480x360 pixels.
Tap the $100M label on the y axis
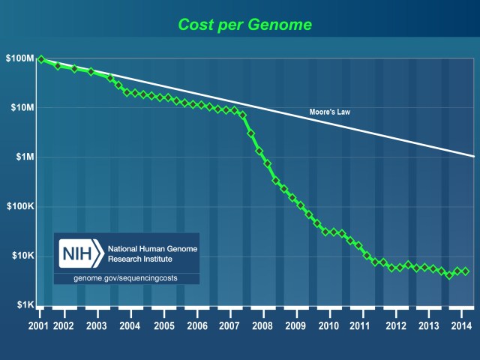tap(20, 58)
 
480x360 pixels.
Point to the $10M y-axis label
tap(22, 108)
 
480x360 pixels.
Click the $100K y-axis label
tap(20, 207)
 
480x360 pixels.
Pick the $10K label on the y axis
tap(22, 256)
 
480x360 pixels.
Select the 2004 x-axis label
tap(130, 326)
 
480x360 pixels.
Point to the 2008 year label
tap(262, 326)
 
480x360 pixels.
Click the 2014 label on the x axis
tap(460, 326)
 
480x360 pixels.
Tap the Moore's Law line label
tap(330, 112)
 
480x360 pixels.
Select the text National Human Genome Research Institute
tap(150, 253)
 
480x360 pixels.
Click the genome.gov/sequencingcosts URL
tap(126, 278)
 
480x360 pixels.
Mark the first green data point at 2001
tap(40, 59)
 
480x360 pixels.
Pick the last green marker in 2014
tap(465, 271)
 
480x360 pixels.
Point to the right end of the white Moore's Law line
tap(473, 156)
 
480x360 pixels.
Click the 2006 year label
tap(196, 326)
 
